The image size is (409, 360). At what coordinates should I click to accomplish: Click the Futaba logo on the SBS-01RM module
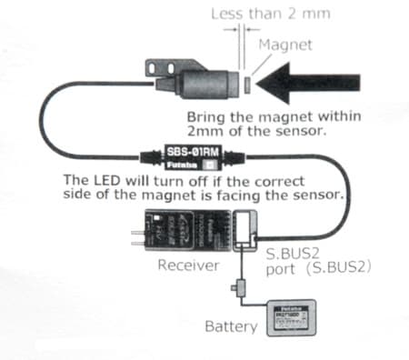tap(180, 167)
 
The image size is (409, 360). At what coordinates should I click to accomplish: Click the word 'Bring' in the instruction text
tap(204, 117)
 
